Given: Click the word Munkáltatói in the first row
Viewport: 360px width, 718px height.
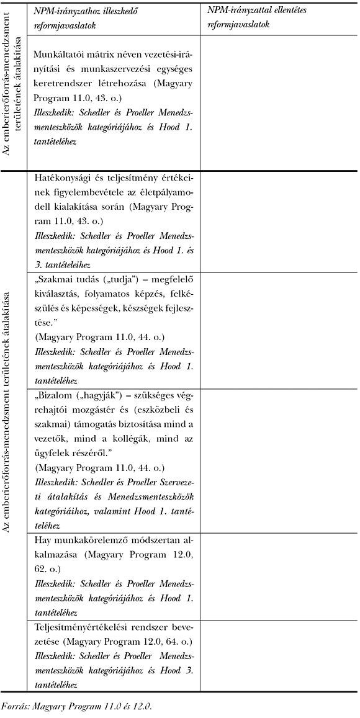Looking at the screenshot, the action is click(x=60, y=55).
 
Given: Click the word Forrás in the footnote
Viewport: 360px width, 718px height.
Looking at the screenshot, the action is click(x=13, y=706).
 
